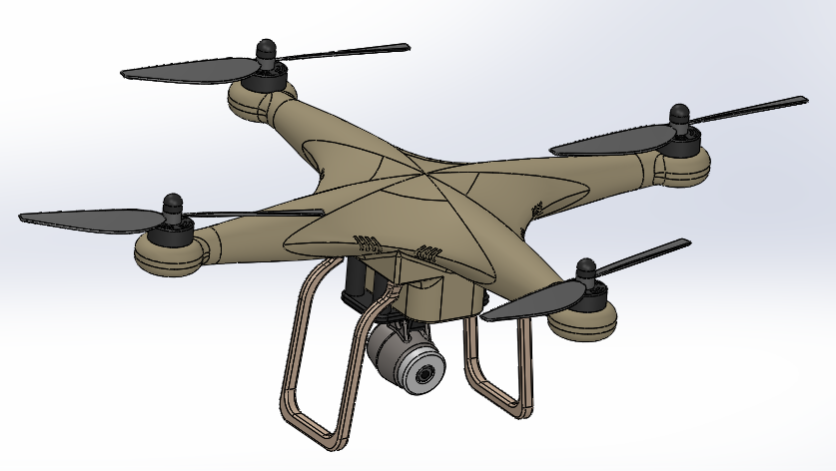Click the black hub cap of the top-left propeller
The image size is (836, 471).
point(266,49)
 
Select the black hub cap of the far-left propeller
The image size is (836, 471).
point(172,205)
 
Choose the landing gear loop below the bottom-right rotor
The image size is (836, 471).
point(499,369)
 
